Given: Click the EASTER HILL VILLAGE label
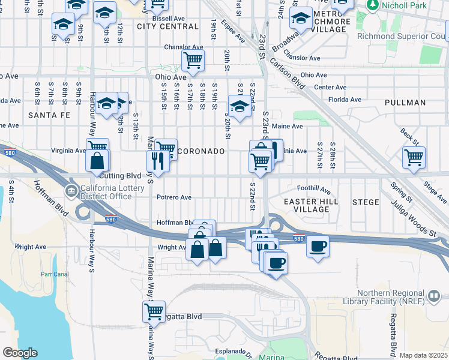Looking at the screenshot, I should click(307, 205).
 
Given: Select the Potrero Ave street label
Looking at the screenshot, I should click(173, 197).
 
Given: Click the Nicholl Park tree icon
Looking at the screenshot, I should click(373, 5).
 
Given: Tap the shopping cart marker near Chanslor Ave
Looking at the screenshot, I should click(193, 59).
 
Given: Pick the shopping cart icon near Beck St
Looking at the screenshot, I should click(414, 157).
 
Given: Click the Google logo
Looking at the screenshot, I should click(20, 353).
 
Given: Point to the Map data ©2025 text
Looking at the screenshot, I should click(423, 355).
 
